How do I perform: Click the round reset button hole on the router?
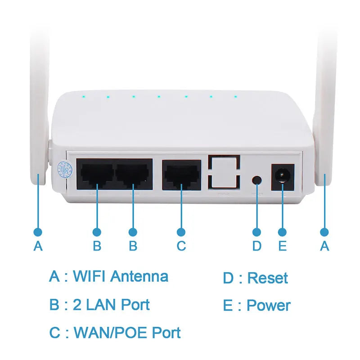pyautogui.click(x=257, y=180)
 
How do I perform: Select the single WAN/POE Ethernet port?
pyautogui.click(x=181, y=175)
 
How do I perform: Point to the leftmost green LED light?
pyautogui.click(x=82, y=96)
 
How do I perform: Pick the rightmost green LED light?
pyautogui.click(x=235, y=96)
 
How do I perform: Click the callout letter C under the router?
pyautogui.click(x=181, y=246)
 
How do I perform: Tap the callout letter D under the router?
pyautogui.click(x=257, y=246)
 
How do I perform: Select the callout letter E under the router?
pyautogui.click(x=282, y=246)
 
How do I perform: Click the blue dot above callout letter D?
pyautogui.click(x=257, y=232)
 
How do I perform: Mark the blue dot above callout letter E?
pyautogui.click(x=282, y=232)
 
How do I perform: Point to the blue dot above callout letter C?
pyautogui.click(x=181, y=232)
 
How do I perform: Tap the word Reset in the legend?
pyautogui.click(x=268, y=278)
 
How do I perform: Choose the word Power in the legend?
pyautogui.click(x=269, y=306)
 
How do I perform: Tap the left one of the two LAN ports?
pyautogui.click(x=95, y=175)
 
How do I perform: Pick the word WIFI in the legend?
pyautogui.click(x=89, y=276)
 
